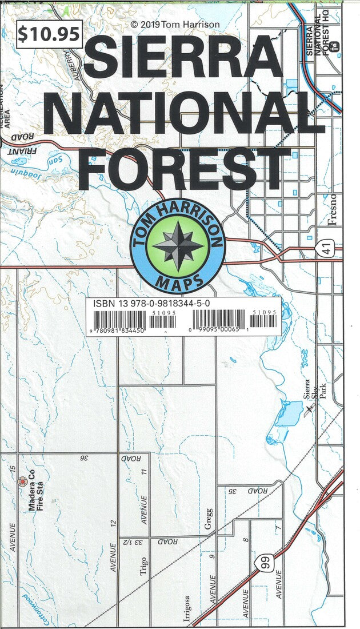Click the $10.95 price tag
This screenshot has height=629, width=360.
click(49, 34)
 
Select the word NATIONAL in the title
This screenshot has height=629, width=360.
click(184, 115)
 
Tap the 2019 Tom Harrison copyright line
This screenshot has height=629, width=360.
click(175, 25)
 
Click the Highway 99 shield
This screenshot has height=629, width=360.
click(262, 563)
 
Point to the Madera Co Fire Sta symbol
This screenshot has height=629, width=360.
click(23, 481)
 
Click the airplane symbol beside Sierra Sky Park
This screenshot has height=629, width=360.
click(309, 408)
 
